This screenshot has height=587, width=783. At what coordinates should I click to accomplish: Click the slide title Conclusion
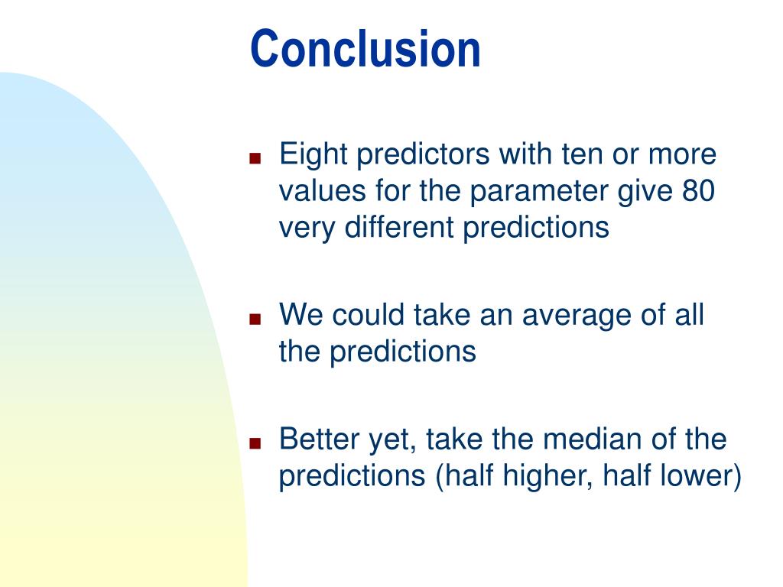pyautogui.click(x=365, y=48)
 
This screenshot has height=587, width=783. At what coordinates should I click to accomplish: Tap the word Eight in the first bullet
pyautogui.click(x=313, y=155)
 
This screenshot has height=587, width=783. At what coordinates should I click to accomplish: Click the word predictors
pyautogui.click(x=423, y=155)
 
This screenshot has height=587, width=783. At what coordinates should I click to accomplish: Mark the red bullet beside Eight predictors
pyautogui.click(x=255, y=158)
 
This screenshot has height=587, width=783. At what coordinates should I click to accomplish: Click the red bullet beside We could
pyautogui.click(x=255, y=319)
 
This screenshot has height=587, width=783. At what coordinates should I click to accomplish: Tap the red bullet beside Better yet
pyautogui.click(x=255, y=443)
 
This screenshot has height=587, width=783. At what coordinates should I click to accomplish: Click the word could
pyautogui.click(x=368, y=315)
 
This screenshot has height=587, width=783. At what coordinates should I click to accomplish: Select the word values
pyautogui.click(x=322, y=191)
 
